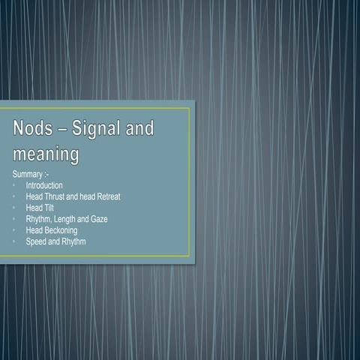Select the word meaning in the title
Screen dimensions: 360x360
coord(46,155)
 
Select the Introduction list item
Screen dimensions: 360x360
coord(43,184)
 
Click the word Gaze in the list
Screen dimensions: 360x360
coord(97,219)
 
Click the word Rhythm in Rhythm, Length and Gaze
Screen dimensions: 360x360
coord(37,219)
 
